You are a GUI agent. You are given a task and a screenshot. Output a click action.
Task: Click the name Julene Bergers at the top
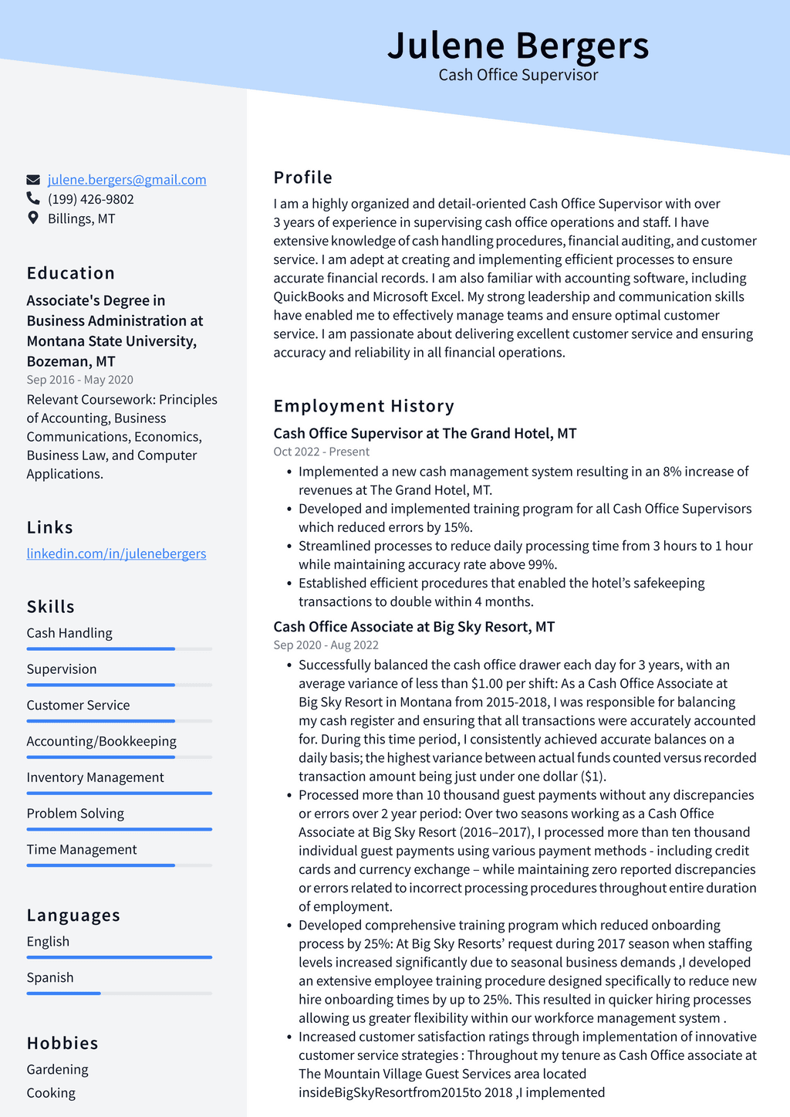[518, 46]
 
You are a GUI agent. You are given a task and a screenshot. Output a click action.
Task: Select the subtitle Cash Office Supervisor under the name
[518, 75]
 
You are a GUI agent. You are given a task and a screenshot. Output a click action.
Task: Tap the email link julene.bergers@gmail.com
[127, 180]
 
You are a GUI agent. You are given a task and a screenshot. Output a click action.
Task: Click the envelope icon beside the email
[33, 180]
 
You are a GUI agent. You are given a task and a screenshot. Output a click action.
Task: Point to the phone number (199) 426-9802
[90, 199]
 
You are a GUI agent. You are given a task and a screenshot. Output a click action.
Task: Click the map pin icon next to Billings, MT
[33, 218]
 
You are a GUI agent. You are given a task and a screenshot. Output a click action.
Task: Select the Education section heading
[70, 273]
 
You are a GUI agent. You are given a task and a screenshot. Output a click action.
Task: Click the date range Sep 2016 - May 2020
[79, 380]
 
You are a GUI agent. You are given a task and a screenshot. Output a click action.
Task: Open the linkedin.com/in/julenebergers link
[116, 553]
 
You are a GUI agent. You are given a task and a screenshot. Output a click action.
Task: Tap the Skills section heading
[50, 607]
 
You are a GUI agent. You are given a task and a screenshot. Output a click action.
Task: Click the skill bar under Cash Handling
[119, 649]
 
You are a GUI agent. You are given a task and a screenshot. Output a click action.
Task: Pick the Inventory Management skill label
[95, 777]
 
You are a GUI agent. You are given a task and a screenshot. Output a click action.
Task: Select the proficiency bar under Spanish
[119, 993]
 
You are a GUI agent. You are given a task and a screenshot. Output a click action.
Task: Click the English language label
[48, 942]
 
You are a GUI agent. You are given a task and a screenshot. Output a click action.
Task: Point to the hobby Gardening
[57, 1070]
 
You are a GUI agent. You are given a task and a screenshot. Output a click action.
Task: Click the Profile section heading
[302, 178]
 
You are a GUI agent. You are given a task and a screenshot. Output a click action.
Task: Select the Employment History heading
[363, 406]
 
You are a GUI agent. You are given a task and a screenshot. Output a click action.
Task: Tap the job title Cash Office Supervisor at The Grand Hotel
[424, 433]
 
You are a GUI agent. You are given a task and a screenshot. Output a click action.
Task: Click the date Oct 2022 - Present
[321, 452]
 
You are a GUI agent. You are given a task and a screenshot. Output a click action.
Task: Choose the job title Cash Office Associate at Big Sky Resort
[414, 627]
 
